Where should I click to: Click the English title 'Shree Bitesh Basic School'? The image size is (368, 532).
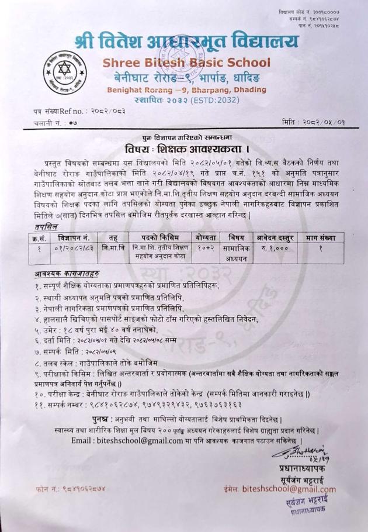[x=186, y=63]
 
